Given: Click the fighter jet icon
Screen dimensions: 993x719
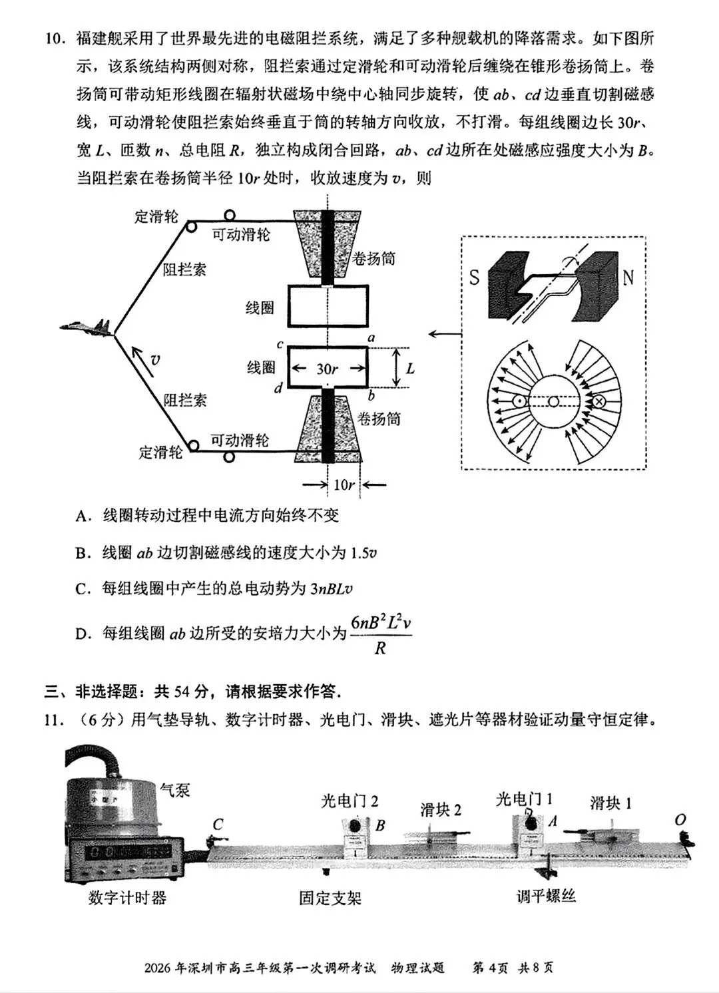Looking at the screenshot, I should coord(86,327).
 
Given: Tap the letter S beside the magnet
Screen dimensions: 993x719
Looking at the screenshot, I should coord(474,277).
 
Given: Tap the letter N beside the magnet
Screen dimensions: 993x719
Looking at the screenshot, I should coord(628,277).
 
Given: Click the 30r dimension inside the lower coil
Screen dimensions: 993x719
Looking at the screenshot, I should coord(326,369).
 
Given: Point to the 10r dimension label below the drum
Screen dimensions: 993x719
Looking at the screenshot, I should coord(344,485).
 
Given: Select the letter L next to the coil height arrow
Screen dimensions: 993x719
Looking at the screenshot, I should coord(410,368).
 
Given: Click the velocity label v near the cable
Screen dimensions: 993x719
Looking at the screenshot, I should coord(155,360).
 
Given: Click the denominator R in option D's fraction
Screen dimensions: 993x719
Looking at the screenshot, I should coord(380,648).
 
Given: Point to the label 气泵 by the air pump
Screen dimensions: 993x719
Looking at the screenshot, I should coord(174,790).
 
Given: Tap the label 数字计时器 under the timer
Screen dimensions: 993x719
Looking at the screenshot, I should coord(127,898).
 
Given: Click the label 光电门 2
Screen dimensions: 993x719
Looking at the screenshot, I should coord(350,801).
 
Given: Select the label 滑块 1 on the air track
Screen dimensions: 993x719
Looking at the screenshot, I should coord(610,803).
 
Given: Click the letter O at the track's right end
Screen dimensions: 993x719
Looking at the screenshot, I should coord(680,820).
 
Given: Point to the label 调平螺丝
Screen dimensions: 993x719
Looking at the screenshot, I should coord(546,896).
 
